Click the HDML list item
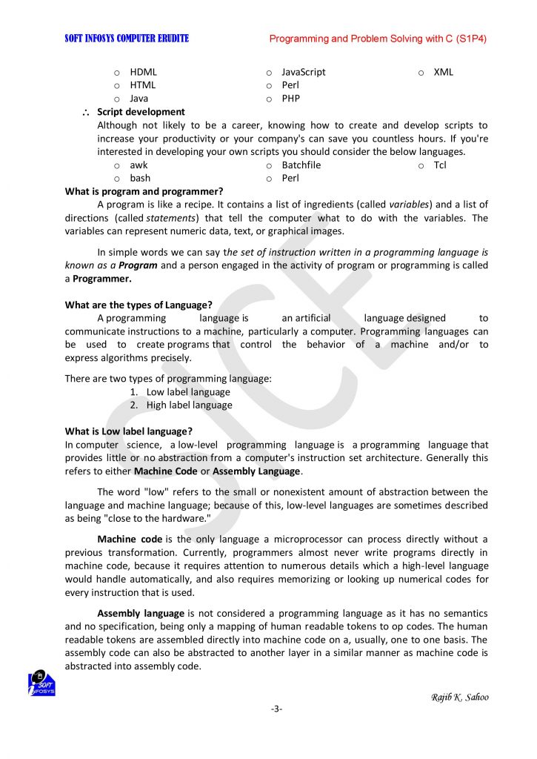[x=143, y=73]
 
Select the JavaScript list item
[x=303, y=73]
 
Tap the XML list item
[x=443, y=73]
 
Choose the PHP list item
[x=290, y=98]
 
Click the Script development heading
[x=141, y=112]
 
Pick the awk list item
[x=139, y=165]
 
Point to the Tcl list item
[x=440, y=165]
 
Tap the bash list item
[x=140, y=178]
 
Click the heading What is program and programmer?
[x=144, y=191]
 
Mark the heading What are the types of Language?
[x=139, y=305]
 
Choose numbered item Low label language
[x=188, y=392]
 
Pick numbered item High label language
[x=189, y=405]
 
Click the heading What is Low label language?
[x=129, y=431]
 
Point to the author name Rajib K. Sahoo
[x=459, y=697]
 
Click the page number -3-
[x=276, y=709]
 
